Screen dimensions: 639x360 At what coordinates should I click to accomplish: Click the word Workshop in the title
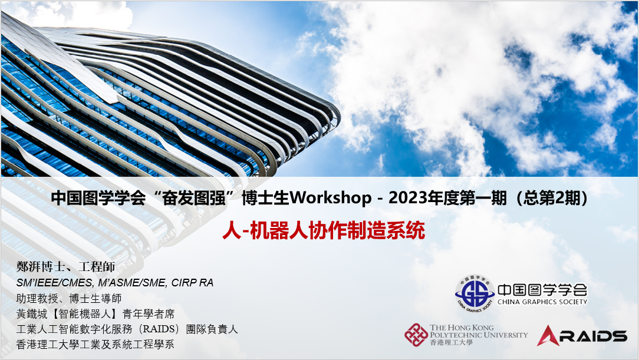pyautogui.click(x=330, y=198)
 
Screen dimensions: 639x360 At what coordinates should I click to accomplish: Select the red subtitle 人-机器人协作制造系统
pyautogui.click(x=324, y=230)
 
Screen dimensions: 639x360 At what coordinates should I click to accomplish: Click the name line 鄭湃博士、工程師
pyautogui.click(x=65, y=267)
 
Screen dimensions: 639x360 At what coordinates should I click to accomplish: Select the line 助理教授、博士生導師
pyautogui.click(x=69, y=299)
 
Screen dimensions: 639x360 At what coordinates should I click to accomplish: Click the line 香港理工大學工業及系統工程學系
pyautogui.click(x=95, y=345)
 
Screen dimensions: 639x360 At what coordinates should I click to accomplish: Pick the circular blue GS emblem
pyautogui.click(x=475, y=294)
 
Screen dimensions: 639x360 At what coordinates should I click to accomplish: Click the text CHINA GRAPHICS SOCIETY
pyautogui.click(x=542, y=302)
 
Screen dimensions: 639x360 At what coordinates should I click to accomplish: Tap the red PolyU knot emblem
pyautogui.click(x=416, y=335)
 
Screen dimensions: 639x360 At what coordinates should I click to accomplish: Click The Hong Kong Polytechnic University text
pyautogui.click(x=479, y=331)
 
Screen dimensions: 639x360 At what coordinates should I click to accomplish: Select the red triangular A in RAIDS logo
pyautogui.click(x=548, y=336)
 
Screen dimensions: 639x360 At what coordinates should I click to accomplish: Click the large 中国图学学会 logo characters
pyautogui.click(x=542, y=289)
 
